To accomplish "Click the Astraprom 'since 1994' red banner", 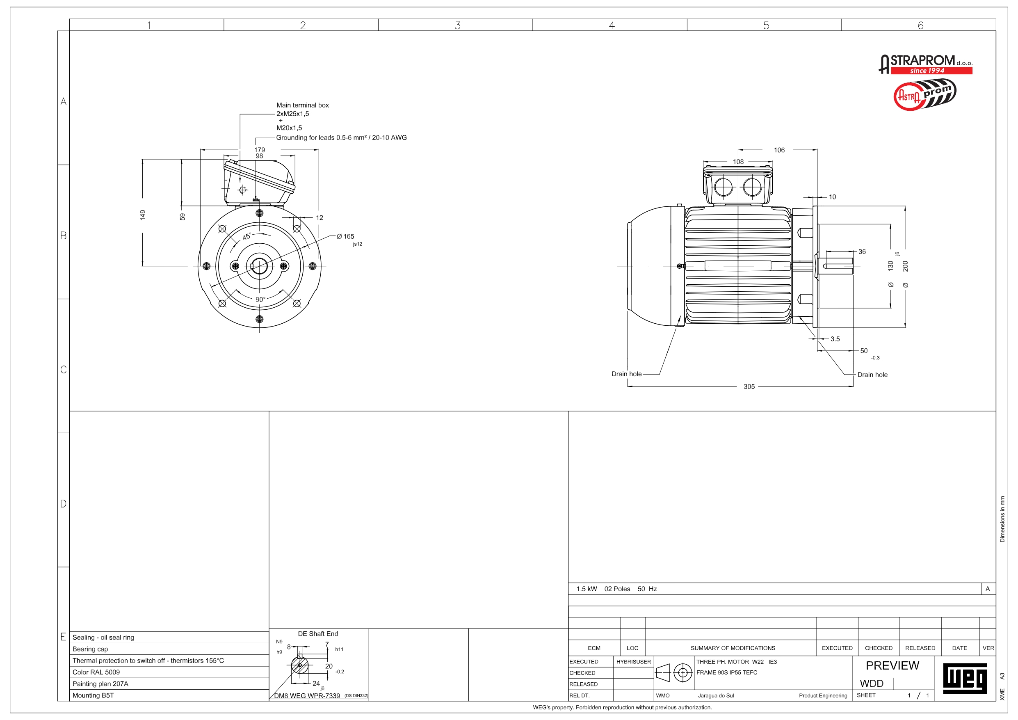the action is pos(931,71).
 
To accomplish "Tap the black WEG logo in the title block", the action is pos(965,678).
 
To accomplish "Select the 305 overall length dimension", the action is pos(749,386).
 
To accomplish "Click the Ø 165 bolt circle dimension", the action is pos(345,236).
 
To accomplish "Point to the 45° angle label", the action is pos(247,236).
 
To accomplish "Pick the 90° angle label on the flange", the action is pos(260,299).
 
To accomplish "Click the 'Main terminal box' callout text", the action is pos(302,105).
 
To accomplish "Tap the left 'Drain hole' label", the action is pos(626,374).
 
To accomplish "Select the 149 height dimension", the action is pos(142,215).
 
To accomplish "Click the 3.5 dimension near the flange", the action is pos(835,339).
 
